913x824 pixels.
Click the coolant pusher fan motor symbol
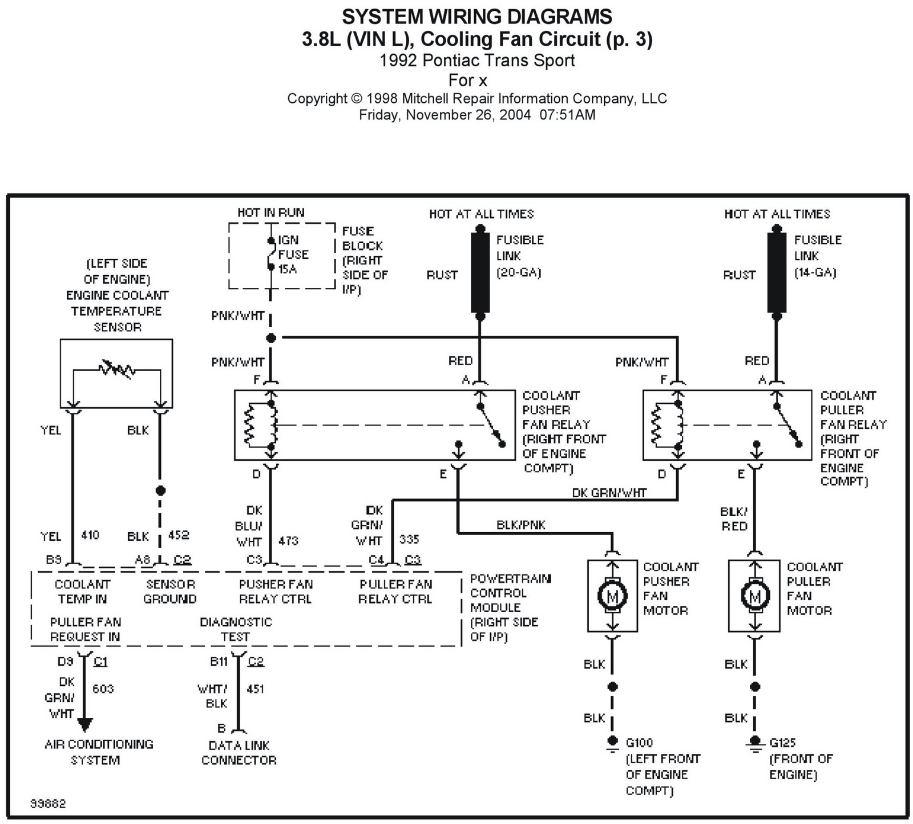click(x=612, y=597)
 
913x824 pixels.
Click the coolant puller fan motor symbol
click(x=755, y=597)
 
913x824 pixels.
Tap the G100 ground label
click(x=639, y=743)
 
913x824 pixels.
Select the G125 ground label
click(x=782, y=743)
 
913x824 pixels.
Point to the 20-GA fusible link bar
click(x=480, y=272)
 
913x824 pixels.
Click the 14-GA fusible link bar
click(x=776, y=272)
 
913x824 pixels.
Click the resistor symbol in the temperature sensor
click(x=117, y=369)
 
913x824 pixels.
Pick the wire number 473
click(x=289, y=541)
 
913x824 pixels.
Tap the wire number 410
click(x=90, y=535)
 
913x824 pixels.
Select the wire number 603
click(x=103, y=689)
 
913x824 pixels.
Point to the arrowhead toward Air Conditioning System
click(x=84, y=725)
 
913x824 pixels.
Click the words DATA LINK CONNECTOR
click(x=239, y=753)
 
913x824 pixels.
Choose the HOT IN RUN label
click(x=271, y=212)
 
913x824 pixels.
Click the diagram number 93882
click(x=48, y=804)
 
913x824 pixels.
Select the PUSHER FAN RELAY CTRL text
click(x=276, y=592)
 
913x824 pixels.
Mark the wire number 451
click(x=256, y=689)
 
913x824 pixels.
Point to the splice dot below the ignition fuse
click(x=271, y=338)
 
